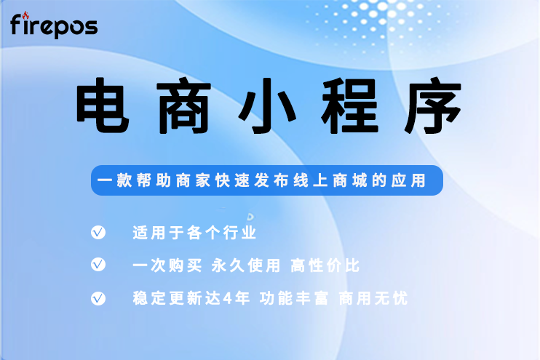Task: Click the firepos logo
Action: click(x=54, y=26)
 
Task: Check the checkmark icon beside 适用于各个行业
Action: click(x=98, y=233)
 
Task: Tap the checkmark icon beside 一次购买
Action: click(x=98, y=265)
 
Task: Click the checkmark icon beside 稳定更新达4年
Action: click(x=98, y=298)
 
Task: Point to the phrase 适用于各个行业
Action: click(x=194, y=233)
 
